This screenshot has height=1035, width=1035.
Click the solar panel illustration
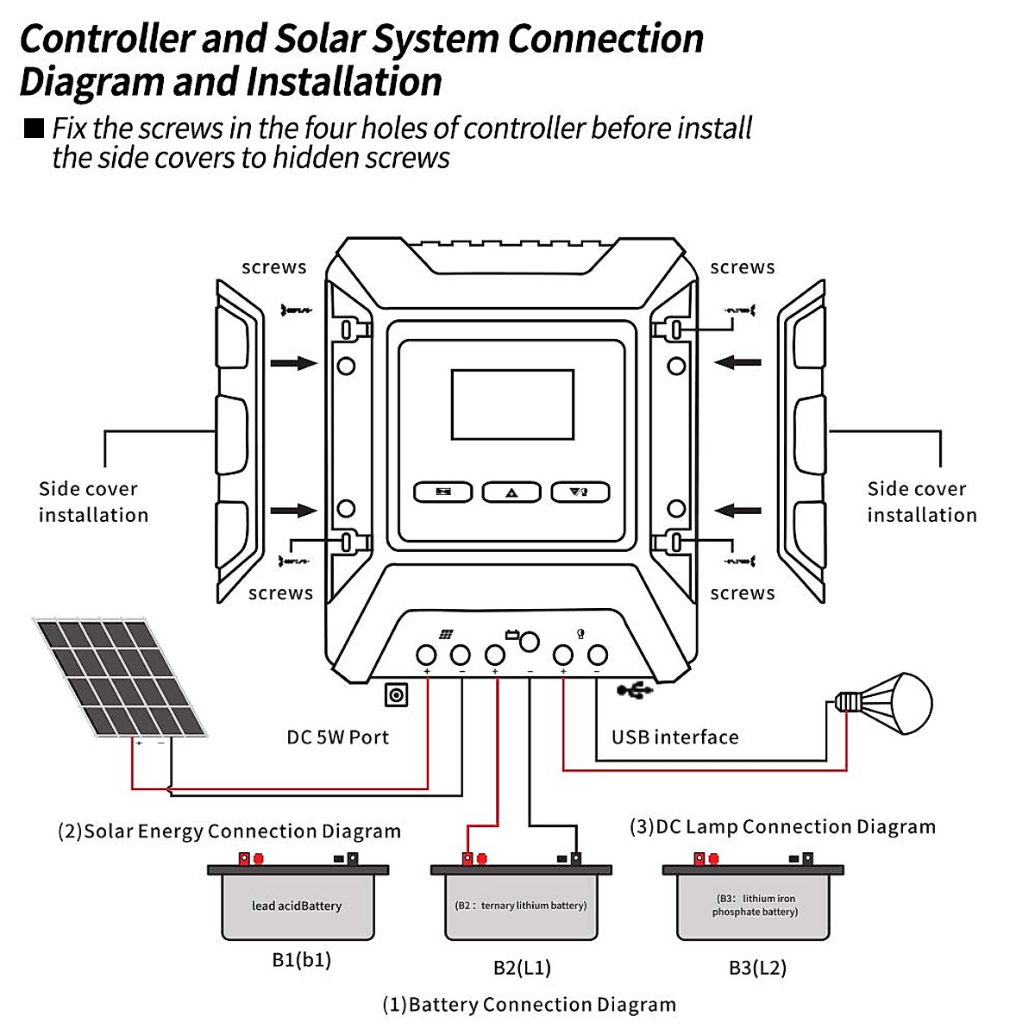(x=121, y=677)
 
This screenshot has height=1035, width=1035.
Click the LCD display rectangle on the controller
(x=512, y=405)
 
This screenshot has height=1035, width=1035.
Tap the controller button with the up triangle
(x=511, y=492)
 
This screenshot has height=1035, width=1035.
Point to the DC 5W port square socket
(x=396, y=694)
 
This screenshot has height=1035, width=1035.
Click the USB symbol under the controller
(x=636, y=689)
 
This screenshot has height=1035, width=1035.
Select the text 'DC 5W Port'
(x=337, y=737)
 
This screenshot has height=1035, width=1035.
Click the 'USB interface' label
(x=674, y=737)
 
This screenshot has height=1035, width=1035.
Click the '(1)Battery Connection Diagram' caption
(x=529, y=1005)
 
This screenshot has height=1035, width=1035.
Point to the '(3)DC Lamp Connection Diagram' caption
(x=782, y=827)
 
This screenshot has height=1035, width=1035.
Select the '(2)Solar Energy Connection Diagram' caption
(x=229, y=831)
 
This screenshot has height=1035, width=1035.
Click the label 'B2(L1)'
(x=522, y=968)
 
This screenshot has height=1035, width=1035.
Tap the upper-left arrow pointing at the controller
(x=294, y=363)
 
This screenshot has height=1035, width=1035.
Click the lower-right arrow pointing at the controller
(x=737, y=511)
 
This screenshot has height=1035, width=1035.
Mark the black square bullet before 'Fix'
(x=34, y=129)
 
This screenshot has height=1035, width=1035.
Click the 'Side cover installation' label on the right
(x=921, y=502)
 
